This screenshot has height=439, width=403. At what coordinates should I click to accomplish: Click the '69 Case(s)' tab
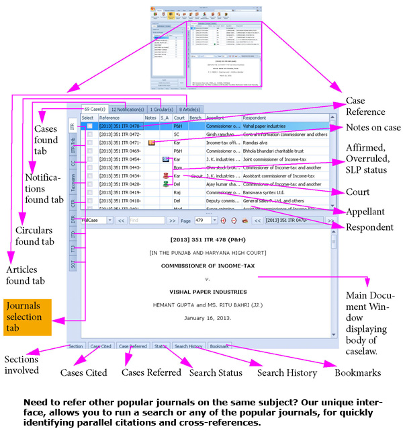pos(94,109)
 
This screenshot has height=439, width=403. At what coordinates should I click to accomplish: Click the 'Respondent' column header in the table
pos(255,118)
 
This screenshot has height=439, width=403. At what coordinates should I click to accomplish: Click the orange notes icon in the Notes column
pos(151,143)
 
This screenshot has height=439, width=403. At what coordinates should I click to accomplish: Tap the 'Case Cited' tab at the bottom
pos(101,346)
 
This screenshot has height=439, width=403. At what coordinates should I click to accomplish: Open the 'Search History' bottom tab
pos(188,346)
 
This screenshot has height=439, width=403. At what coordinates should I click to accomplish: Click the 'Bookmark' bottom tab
pos(219,346)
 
